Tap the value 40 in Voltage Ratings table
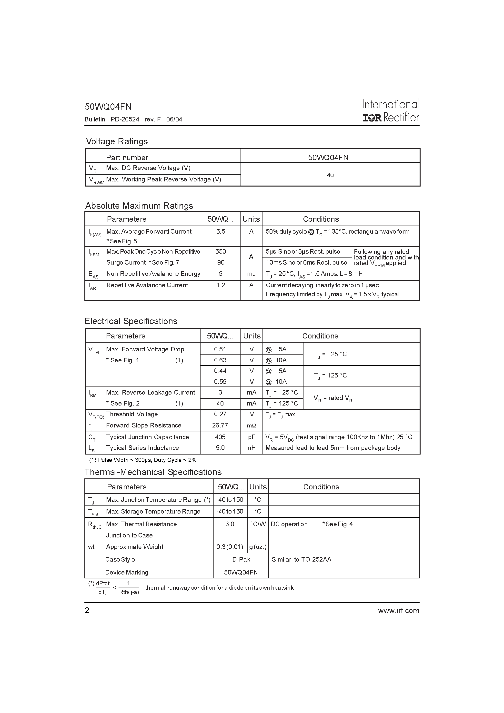pos(330,175)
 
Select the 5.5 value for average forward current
pos(221,231)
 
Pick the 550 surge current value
pos(221,252)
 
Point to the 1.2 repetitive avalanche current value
pos(221,285)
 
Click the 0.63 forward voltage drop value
pos(220,360)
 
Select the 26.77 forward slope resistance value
pos(220,426)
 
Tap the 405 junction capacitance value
pos(220,437)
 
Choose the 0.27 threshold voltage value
pos(220,414)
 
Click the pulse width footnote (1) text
pos(143,460)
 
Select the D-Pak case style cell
pos(241,559)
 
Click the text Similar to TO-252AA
pos(302,559)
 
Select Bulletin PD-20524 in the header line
pos(112,119)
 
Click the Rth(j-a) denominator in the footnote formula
pos(129,592)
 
